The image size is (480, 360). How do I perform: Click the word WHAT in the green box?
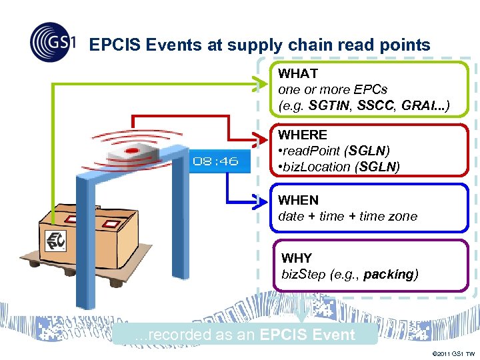(x=298, y=73)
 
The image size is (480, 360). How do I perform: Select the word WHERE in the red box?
(x=303, y=135)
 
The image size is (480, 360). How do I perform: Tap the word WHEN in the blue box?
(x=298, y=200)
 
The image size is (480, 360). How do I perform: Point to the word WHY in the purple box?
(x=296, y=258)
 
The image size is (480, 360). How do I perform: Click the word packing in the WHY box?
(x=389, y=274)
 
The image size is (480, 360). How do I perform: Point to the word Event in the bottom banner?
(x=331, y=335)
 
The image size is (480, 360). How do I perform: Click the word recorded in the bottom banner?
(x=175, y=335)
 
